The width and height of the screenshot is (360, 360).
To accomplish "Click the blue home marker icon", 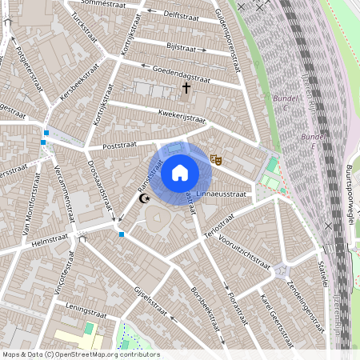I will coord(180,173).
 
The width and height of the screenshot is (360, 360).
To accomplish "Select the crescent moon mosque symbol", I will coord(145,198).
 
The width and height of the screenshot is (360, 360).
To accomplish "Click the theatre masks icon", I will coord(214,159).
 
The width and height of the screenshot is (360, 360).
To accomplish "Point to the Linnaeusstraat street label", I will coord(223,194).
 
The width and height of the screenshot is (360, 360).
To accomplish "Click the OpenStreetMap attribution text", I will coord(80,354).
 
